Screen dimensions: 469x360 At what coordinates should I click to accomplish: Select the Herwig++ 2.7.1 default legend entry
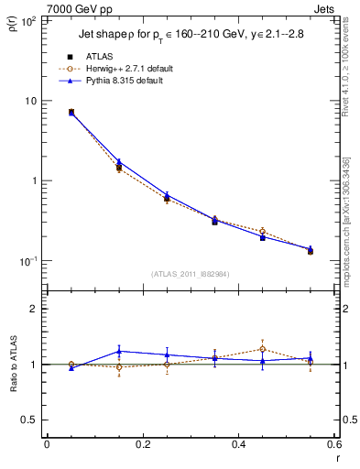click(x=134, y=69)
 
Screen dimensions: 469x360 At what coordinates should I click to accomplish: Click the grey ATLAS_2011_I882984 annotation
click(x=190, y=274)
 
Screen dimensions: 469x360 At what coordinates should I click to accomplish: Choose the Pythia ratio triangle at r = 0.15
click(x=119, y=351)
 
